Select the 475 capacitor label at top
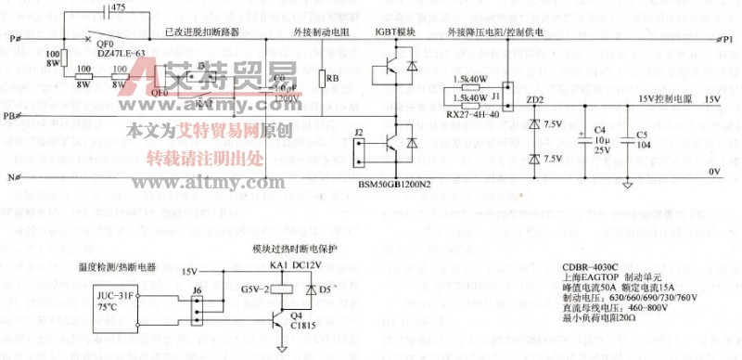pyautogui.click(x=118, y=7)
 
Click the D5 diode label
pyautogui.click(x=325, y=289)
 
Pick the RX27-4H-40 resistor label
pyautogui.click(x=471, y=114)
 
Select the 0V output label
pyautogui.click(x=713, y=172)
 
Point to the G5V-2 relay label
pyautogui.click(x=250, y=289)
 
